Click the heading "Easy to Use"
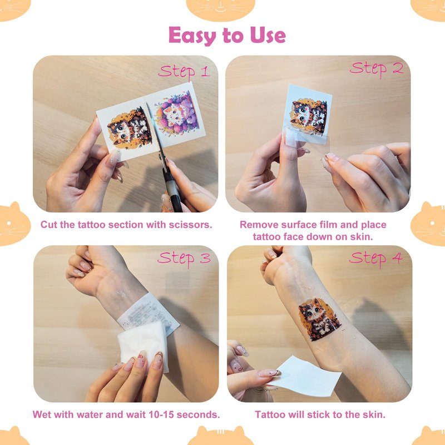227,35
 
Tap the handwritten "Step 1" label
184,72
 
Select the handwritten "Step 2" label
377,69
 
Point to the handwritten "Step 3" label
184,259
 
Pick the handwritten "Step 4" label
376,259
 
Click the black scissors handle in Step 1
172,190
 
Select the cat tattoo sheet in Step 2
309,113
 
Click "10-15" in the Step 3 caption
161,414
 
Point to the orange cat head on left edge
14,224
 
